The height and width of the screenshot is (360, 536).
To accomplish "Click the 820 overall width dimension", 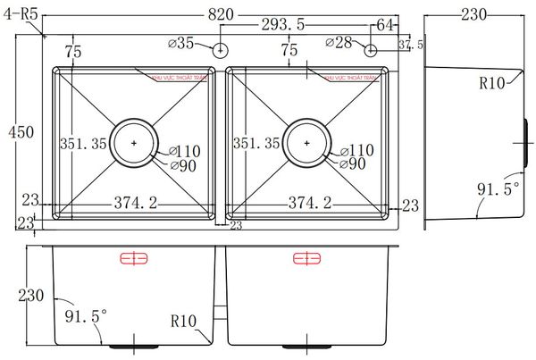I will coord(222,13).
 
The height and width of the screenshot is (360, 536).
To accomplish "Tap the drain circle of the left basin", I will coord(134,141).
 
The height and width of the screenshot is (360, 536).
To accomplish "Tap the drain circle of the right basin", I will coord(307,141).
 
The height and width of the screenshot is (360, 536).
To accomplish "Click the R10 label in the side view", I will coord(493,84).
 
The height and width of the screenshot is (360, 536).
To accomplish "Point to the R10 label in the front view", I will coord(182,318).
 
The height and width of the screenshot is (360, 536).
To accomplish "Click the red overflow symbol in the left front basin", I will coord(132,259).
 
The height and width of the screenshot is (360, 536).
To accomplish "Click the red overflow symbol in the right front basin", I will coord(306,259).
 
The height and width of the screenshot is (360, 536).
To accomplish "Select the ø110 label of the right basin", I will coord(356,150).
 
